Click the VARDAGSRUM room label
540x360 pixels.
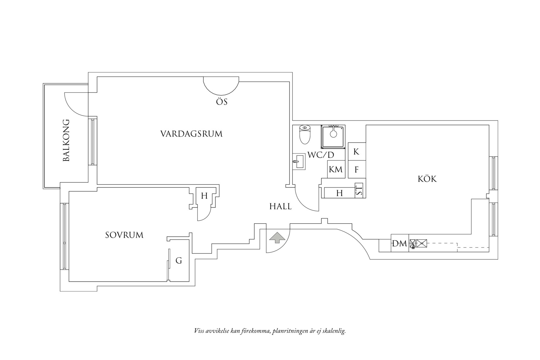(x=191, y=134)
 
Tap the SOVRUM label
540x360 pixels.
(x=124, y=235)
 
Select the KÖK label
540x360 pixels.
(x=427, y=179)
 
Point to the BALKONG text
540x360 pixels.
(x=66, y=140)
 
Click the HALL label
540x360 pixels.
(x=280, y=207)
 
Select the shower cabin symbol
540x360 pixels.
(x=333, y=136)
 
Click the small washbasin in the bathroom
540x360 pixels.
(x=299, y=161)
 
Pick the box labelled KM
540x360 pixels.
(x=336, y=169)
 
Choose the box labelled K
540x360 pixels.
(x=356, y=152)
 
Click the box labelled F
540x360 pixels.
(x=356, y=170)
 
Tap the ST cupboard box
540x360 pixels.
(x=359, y=190)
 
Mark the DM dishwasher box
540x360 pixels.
(x=400, y=243)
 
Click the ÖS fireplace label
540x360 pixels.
(x=221, y=102)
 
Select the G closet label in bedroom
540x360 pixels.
(x=179, y=261)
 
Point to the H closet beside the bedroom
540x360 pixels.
(x=204, y=196)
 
